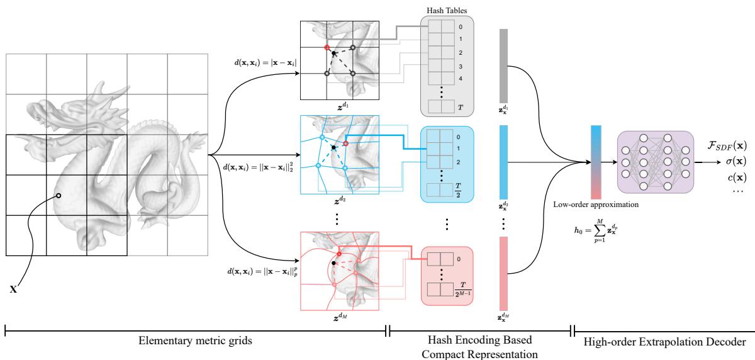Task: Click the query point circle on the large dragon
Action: click(x=59, y=196)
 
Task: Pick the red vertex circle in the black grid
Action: click(x=327, y=47)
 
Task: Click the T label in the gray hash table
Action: click(x=461, y=108)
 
